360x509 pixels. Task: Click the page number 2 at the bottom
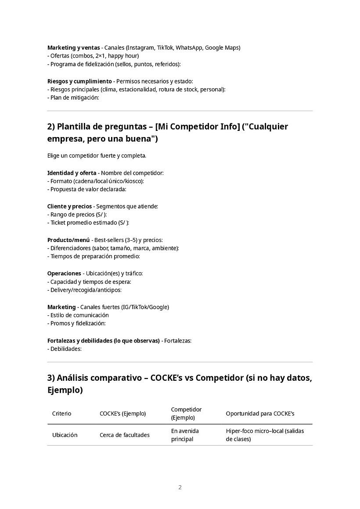[x=180, y=487]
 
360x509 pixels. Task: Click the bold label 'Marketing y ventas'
[x=73, y=47]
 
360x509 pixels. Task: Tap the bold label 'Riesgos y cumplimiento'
[x=79, y=81]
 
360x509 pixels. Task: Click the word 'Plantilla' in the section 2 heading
[x=75, y=127]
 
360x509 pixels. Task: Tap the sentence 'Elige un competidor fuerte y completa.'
[x=97, y=156]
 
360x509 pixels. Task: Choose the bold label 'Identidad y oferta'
[x=72, y=173]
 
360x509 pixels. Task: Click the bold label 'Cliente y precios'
[x=69, y=206]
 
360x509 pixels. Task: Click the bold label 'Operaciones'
[x=64, y=273]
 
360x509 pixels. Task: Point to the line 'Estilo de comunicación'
[x=79, y=315]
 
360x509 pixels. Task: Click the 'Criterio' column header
[x=61, y=413]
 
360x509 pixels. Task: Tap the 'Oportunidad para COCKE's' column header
[x=260, y=413]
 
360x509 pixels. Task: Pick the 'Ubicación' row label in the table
[x=65, y=435]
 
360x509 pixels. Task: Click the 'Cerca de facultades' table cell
[x=124, y=435]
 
